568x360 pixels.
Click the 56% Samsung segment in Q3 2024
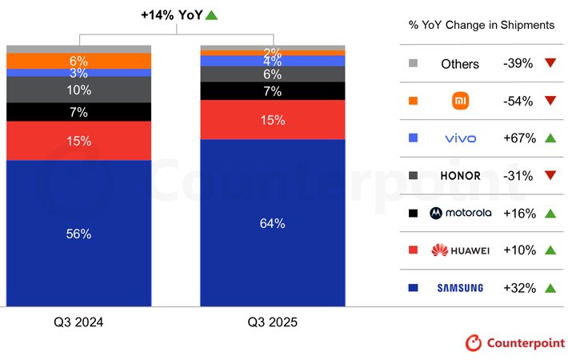click(78, 234)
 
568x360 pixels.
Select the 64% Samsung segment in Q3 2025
click(272, 223)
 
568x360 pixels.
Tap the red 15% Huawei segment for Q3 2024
click(78, 141)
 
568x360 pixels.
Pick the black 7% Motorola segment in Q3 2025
click(272, 91)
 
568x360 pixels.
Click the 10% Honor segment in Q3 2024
click(78, 90)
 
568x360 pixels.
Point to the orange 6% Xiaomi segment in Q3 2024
click(78, 61)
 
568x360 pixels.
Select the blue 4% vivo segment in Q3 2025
click(272, 61)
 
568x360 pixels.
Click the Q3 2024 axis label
click(78, 322)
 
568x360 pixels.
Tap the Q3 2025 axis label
click(272, 322)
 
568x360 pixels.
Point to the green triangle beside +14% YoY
click(211, 14)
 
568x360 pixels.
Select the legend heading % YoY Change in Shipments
click(481, 26)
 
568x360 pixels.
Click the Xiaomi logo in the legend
click(460, 101)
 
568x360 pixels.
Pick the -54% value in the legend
click(518, 101)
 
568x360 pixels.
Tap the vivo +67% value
click(518, 138)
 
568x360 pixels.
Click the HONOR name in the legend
click(460, 176)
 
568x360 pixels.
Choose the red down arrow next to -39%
click(550, 64)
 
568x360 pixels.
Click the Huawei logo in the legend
click(460, 250)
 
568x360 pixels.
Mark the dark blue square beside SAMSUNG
click(413, 288)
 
